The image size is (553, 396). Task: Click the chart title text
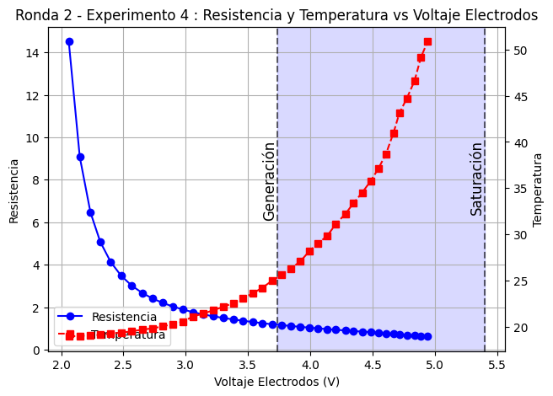pyautogui.click(x=276, y=15)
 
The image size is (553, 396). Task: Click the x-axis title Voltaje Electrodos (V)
pyautogui.click(x=276, y=382)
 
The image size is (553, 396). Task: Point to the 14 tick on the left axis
pyautogui.click(x=34, y=53)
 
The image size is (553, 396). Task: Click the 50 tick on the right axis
pyautogui.click(x=520, y=51)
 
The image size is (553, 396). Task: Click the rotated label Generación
pyautogui.click(x=269, y=181)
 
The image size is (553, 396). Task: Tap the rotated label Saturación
pyautogui.click(x=476, y=179)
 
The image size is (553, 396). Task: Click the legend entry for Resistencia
pyautogui.click(x=124, y=317)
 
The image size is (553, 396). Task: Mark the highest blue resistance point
pyautogui.click(x=69, y=41)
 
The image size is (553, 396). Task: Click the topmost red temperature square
pyautogui.click(x=427, y=41)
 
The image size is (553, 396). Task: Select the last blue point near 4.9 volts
pyautogui.click(x=427, y=336)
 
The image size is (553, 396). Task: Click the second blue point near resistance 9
pyautogui.click(x=80, y=157)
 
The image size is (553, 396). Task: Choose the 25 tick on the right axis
pyautogui.click(x=520, y=281)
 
